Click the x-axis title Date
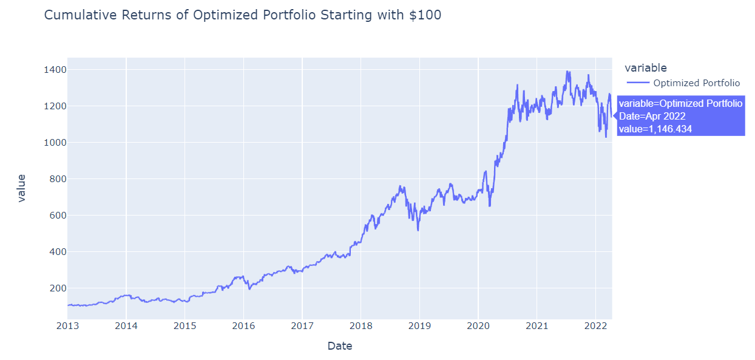(339, 346)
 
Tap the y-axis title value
(22, 188)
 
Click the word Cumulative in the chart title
(78, 16)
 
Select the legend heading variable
(645, 68)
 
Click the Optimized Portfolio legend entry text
(696, 83)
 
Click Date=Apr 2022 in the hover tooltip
(652, 116)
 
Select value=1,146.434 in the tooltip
(655, 129)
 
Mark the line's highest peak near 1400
(567, 72)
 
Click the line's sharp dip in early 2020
(489, 206)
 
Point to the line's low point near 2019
(418, 230)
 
